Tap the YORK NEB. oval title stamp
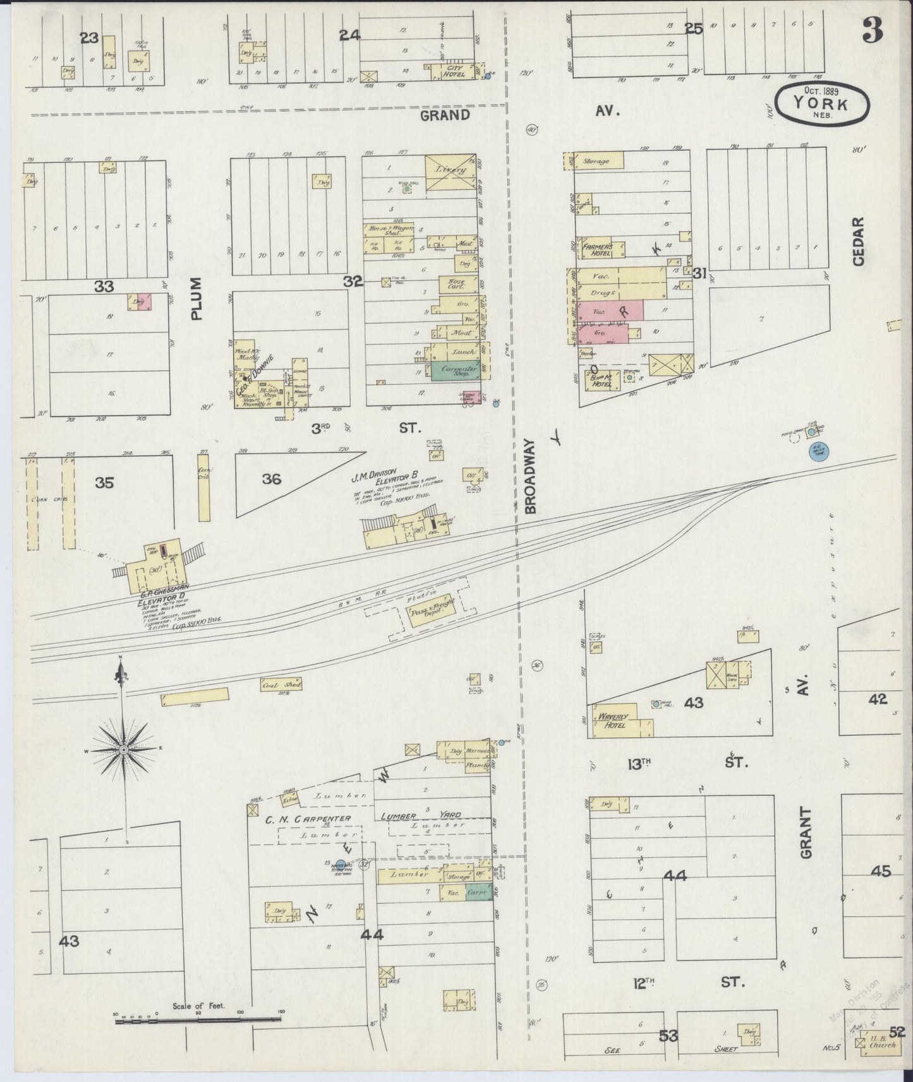click(821, 104)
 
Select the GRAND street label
click(445, 115)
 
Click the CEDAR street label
click(857, 242)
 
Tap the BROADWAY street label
click(530, 476)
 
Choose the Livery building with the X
click(449, 171)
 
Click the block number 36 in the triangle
click(272, 480)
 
